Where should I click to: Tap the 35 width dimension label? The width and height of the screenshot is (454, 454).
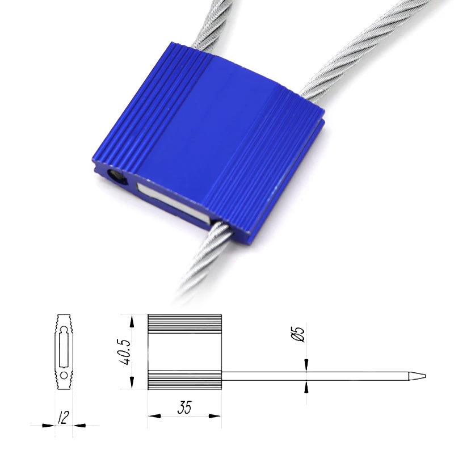click(184, 407)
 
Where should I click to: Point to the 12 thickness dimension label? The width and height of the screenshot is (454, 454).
click(64, 417)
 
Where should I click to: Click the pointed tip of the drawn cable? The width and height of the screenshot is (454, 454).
click(425, 376)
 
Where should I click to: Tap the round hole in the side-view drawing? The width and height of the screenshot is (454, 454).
click(64, 376)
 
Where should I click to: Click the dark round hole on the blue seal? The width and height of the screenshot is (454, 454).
click(117, 177)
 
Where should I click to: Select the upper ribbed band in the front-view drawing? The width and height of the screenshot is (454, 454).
click(185, 323)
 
